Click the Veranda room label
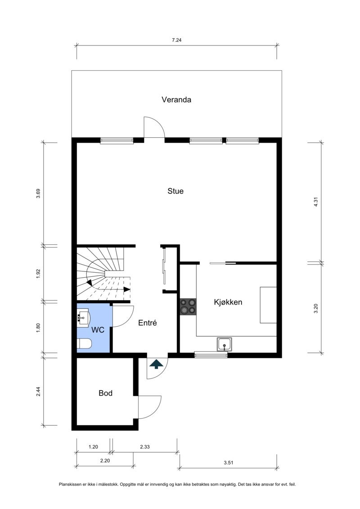pos(176,99)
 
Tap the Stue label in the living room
pos(175,191)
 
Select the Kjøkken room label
pos(228,302)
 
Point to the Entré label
pos(148,323)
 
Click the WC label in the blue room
pos(98,330)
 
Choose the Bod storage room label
pos(105,393)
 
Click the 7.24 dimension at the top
pos(176,40)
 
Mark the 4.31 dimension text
pos(316,203)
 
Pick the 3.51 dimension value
pos(229,463)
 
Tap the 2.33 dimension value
pos(145,447)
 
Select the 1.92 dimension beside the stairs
pos(38,274)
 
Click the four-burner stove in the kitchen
pos(188,307)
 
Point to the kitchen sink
pos(224,344)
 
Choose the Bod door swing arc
pos(156,410)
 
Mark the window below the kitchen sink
pos(211,355)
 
